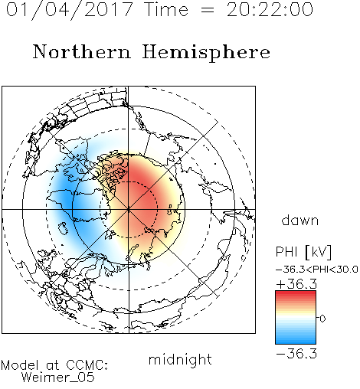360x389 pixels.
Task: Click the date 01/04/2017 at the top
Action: [70, 9]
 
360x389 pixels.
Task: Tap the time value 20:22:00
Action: [270, 9]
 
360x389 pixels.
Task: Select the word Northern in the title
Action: [81, 51]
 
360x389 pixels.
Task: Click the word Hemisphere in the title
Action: [206, 52]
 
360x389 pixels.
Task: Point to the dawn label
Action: [300, 220]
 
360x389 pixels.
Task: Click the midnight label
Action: [180, 361]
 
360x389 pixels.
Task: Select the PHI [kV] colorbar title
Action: [303, 252]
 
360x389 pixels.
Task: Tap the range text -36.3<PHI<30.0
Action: [317, 270]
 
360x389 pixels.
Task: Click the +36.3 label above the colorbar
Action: [296, 284]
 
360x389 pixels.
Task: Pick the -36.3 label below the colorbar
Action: [296, 354]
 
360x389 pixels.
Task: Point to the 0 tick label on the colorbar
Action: [322, 319]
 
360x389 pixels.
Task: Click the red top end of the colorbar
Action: [296, 293]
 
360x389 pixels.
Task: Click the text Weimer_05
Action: [58, 377]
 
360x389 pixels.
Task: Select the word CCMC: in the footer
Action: [87, 365]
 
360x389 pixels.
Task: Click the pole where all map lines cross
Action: [129, 209]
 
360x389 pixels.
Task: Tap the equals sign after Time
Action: [208, 10]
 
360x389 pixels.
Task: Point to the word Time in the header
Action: [166, 9]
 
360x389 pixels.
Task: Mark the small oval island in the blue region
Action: [63, 228]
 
